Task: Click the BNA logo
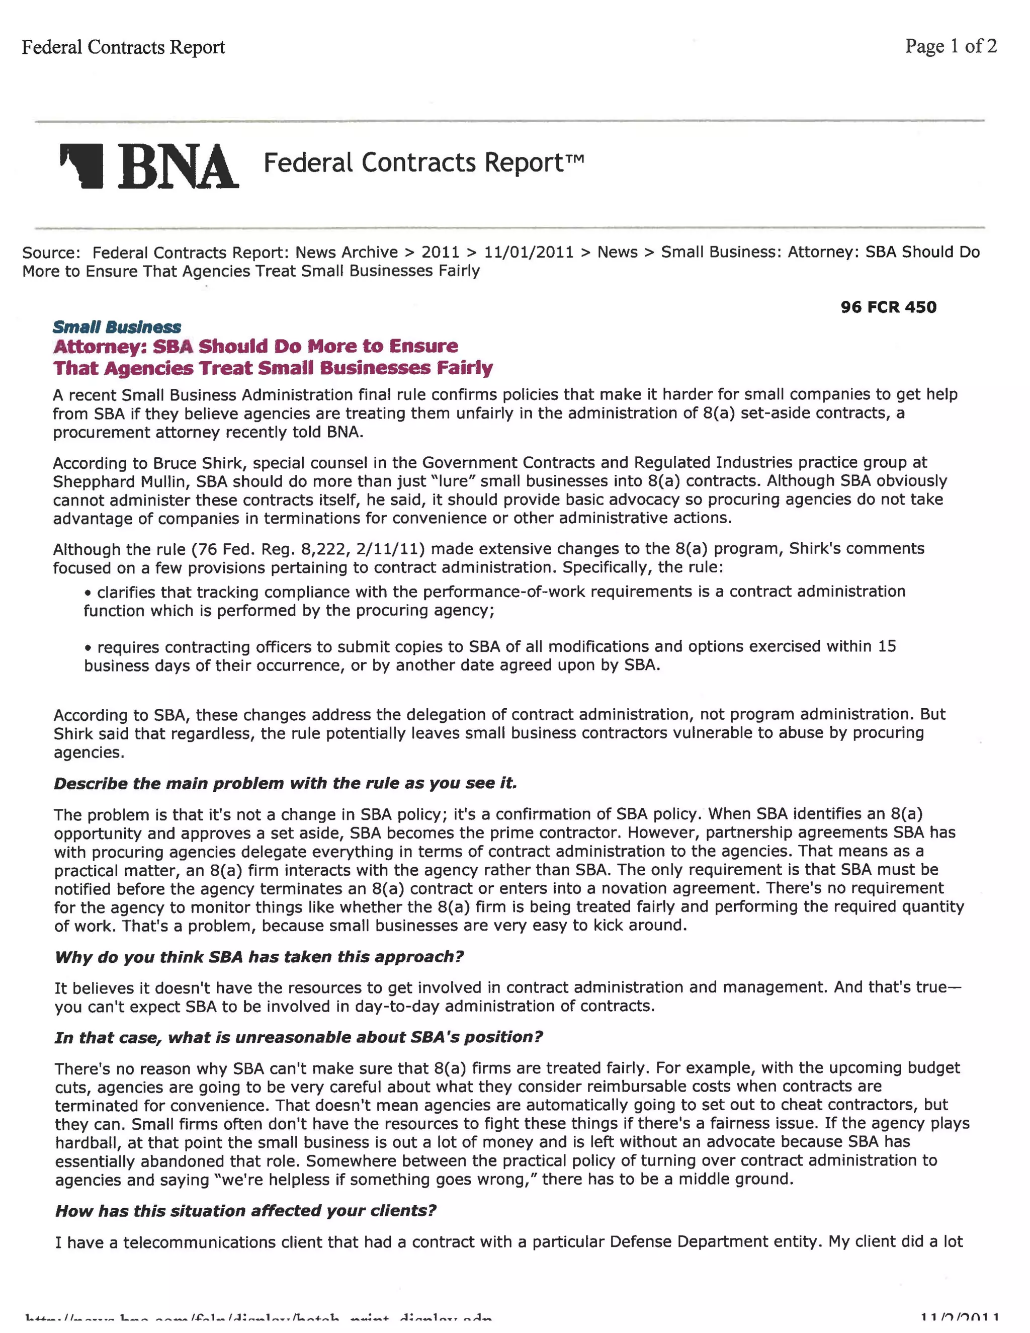point(149,166)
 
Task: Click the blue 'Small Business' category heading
point(117,327)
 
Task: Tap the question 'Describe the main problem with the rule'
point(285,783)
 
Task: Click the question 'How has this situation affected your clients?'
point(245,1210)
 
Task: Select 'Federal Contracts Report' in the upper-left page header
point(123,47)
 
